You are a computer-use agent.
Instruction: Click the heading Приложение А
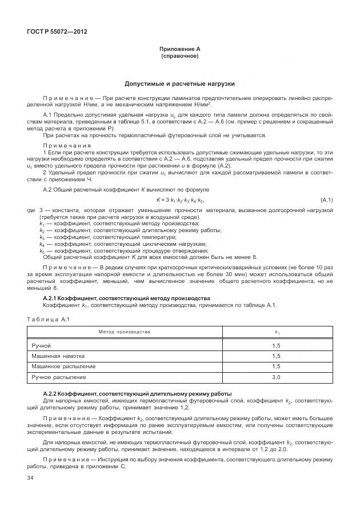[179, 50]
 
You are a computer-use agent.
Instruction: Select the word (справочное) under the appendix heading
[179, 57]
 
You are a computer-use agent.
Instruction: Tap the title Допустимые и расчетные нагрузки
[179, 83]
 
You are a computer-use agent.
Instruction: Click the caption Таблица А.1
[48, 318]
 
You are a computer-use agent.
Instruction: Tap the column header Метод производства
[124, 332]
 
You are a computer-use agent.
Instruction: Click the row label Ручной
[41, 346]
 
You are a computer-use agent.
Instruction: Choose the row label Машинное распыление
[63, 366]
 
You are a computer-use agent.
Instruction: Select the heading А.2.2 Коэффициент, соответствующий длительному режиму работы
[137, 394]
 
